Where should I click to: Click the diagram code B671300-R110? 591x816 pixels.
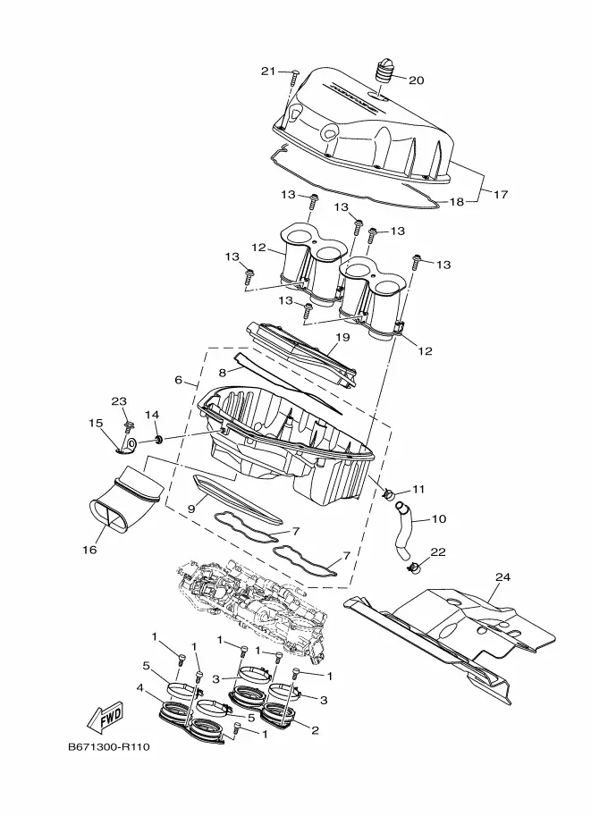point(109,747)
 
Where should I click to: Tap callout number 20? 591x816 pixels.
point(416,80)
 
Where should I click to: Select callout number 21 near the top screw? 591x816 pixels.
point(267,72)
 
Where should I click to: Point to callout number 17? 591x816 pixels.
point(500,195)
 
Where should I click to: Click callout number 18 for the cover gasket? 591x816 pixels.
point(456,201)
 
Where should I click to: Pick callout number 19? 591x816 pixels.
point(342,337)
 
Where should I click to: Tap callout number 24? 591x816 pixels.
point(502,576)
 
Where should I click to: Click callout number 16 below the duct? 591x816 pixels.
point(89,550)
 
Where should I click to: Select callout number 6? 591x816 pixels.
point(178,381)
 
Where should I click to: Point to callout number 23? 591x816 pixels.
point(119,401)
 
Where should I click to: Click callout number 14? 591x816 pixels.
point(151,415)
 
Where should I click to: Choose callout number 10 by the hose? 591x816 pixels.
point(439,519)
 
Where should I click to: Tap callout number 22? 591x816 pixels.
point(438,552)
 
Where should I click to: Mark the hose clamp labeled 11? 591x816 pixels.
point(388,492)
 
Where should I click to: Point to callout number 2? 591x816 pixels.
point(315,731)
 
